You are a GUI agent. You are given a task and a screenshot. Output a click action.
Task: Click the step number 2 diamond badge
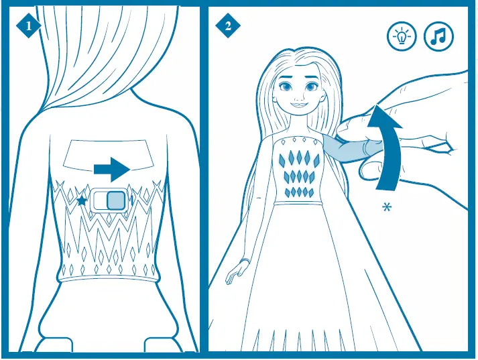[228, 26]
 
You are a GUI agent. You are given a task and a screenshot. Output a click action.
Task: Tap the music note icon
[438, 36]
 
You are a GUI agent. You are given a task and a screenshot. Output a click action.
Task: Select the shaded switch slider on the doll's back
[115, 200]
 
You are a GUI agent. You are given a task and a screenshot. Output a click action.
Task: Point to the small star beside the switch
[82, 200]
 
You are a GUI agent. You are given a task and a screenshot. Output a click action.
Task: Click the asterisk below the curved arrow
[386, 207]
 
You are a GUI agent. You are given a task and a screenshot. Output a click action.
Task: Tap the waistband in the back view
[109, 274]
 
